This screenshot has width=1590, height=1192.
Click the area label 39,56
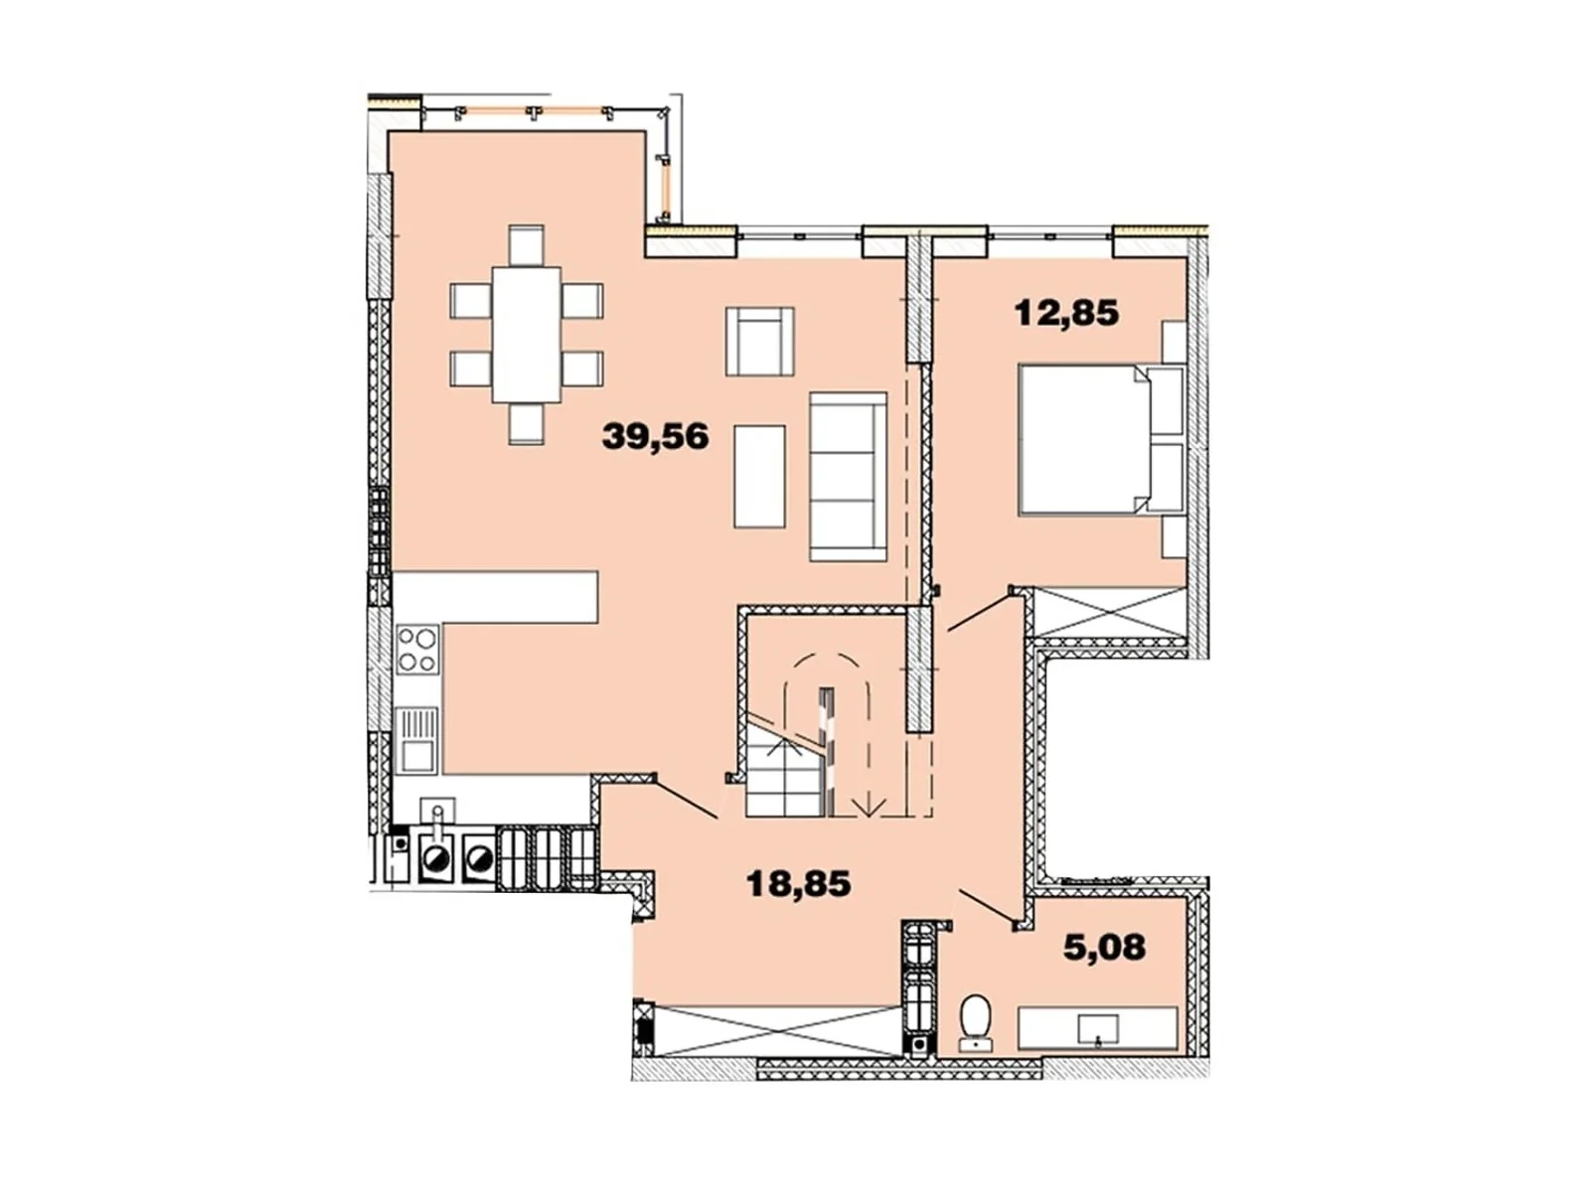[655, 437]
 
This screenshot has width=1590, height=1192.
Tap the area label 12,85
[1066, 313]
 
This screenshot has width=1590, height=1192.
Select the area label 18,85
[798, 884]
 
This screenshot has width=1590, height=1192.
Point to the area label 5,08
[1105, 947]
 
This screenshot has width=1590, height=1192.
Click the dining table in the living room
[527, 335]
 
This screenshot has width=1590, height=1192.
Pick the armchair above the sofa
[760, 341]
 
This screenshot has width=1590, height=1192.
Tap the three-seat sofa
[849, 476]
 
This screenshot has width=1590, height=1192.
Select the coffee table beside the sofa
[759, 476]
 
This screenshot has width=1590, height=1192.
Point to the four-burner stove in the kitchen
[418, 650]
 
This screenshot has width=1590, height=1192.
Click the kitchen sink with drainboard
[418, 740]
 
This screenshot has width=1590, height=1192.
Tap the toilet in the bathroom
[975, 1021]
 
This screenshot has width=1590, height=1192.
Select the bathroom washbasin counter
[1097, 1028]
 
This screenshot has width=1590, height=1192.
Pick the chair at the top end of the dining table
[527, 245]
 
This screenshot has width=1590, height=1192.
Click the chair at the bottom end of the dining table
[527, 424]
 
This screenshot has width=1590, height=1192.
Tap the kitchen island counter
[496, 597]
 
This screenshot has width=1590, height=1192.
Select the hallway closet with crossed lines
[777, 1031]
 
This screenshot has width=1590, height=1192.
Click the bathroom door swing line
[987, 905]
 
